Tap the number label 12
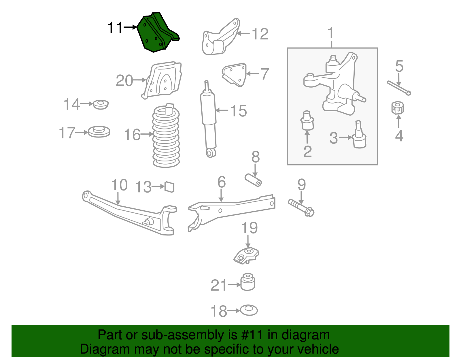coord(260,34)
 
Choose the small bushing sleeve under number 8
coord(253,180)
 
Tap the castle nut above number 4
coord(398,108)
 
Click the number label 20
coord(124,80)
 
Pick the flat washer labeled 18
coord(249,310)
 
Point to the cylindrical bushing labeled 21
coord(248,282)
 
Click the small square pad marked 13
coord(169,187)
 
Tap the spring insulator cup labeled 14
coord(101,104)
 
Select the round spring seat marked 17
coord(99,132)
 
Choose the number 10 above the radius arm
coord(119,185)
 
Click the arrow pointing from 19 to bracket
coord(248,241)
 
